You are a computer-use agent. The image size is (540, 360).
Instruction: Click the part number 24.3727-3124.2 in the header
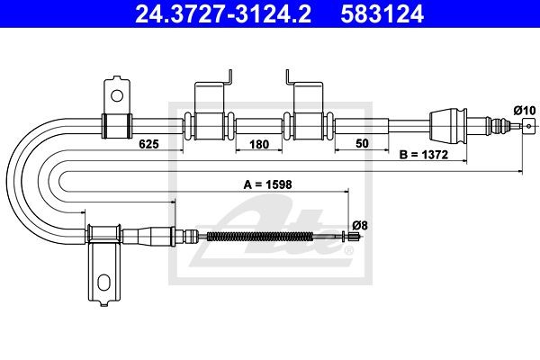click(223, 14)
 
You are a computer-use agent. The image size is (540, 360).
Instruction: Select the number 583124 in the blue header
click(382, 14)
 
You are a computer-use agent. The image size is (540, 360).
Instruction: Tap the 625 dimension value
click(148, 144)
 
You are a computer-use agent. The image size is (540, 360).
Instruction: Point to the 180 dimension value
click(259, 144)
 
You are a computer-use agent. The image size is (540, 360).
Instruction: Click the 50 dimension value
click(362, 143)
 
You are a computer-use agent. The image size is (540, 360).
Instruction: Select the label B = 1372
click(424, 155)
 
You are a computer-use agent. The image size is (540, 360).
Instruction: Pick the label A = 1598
click(267, 184)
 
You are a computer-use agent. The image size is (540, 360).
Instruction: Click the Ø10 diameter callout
click(525, 111)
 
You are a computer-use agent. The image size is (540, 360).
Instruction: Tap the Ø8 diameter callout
click(360, 226)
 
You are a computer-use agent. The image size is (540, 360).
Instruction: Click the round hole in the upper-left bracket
click(117, 95)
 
